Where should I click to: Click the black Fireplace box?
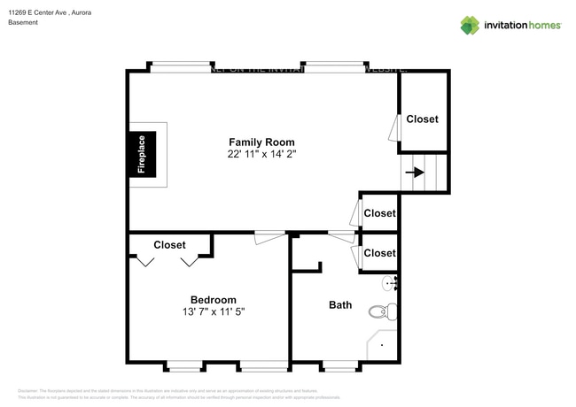coord(141,156)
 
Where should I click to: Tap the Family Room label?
coord(261,142)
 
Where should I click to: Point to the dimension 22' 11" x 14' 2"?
coord(261,154)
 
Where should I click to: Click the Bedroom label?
coord(214,299)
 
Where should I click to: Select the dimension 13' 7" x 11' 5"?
coord(214,311)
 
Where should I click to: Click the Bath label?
coord(340,305)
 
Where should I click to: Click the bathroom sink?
coord(389,283)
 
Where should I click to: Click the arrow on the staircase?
coord(414,173)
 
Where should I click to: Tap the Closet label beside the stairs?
coord(422,119)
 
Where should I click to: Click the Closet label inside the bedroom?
coord(169,245)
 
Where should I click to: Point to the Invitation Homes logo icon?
coord(470,25)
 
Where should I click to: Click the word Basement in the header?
coord(23,23)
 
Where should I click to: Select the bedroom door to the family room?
coord(269,234)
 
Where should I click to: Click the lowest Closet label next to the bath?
coord(379,253)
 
